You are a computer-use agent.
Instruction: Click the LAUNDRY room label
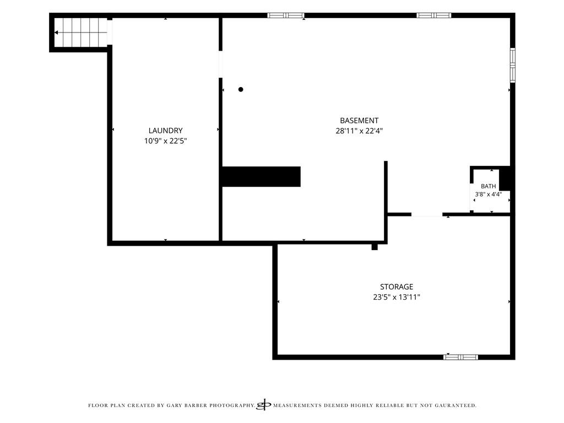tap(165, 131)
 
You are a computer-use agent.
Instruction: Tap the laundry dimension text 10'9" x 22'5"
tap(165, 141)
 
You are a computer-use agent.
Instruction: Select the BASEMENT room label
tap(359, 121)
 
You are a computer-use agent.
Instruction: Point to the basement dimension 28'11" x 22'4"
tap(359, 131)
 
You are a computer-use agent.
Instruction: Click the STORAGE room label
tap(397, 286)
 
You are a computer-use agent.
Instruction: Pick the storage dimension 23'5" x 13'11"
tap(397, 297)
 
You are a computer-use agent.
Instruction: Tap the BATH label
tap(488, 186)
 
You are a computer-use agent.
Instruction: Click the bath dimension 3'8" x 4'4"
tap(488, 194)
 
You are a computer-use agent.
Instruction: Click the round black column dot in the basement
tap(241, 90)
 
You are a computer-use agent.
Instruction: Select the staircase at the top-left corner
tap(80, 32)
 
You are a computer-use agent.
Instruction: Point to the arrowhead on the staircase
tap(56, 32)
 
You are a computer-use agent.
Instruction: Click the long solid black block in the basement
tap(262, 177)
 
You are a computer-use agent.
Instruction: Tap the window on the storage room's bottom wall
tap(460, 357)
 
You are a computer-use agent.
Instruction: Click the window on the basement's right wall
tap(513, 65)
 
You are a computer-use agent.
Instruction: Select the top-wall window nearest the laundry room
tap(286, 15)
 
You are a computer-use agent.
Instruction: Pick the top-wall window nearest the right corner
tap(434, 15)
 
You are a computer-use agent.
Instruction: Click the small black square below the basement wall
tap(375, 247)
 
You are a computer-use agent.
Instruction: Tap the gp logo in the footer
tap(263, 405)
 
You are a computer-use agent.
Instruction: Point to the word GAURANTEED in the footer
tap(455, 405)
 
